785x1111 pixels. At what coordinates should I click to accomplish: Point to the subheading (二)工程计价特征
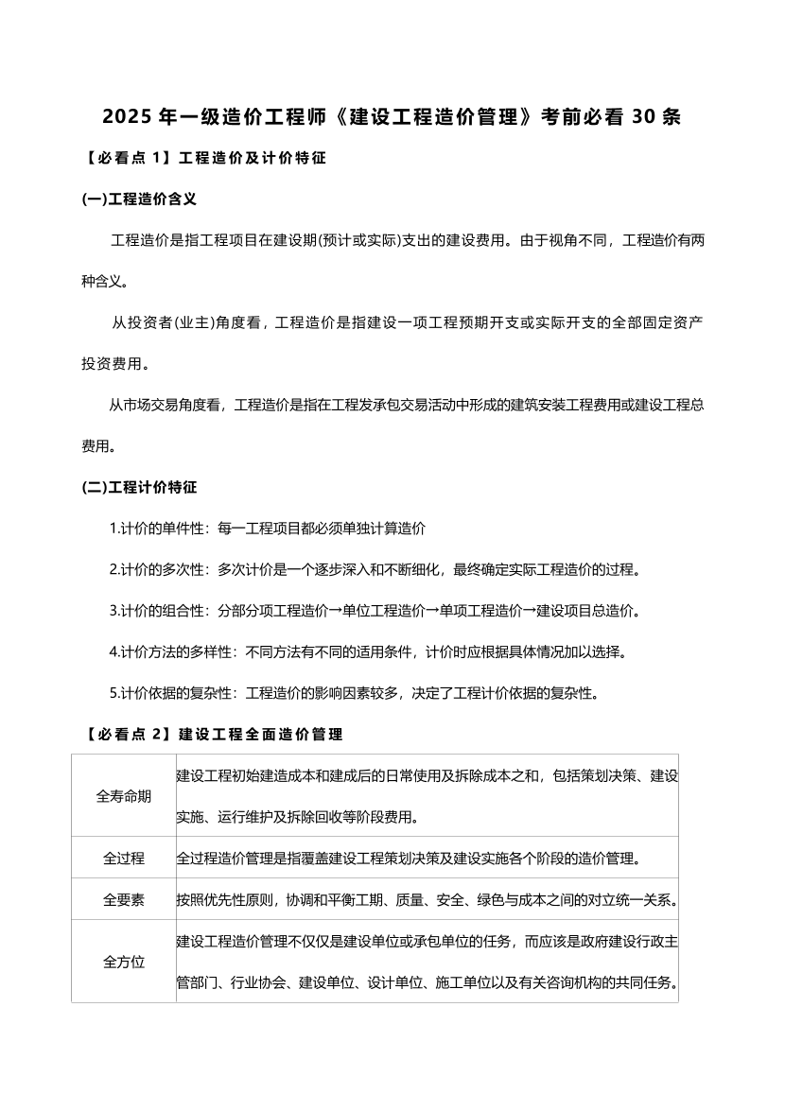tap(139, 488)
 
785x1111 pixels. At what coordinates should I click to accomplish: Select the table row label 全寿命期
tap(124, 795)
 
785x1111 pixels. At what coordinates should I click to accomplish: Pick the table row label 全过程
tap(124, 859)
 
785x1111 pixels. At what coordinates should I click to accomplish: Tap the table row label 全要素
tap(124, 900)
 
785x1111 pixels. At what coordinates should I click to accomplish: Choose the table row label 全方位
tap(124, 962)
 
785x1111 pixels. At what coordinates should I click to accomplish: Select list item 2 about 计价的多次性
tap(375, 570)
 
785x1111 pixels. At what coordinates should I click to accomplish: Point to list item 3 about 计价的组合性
tap(375, 611)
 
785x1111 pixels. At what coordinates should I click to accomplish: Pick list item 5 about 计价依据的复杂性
tap(354, 693)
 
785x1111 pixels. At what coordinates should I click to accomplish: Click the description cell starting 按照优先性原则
tap(426, 900)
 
